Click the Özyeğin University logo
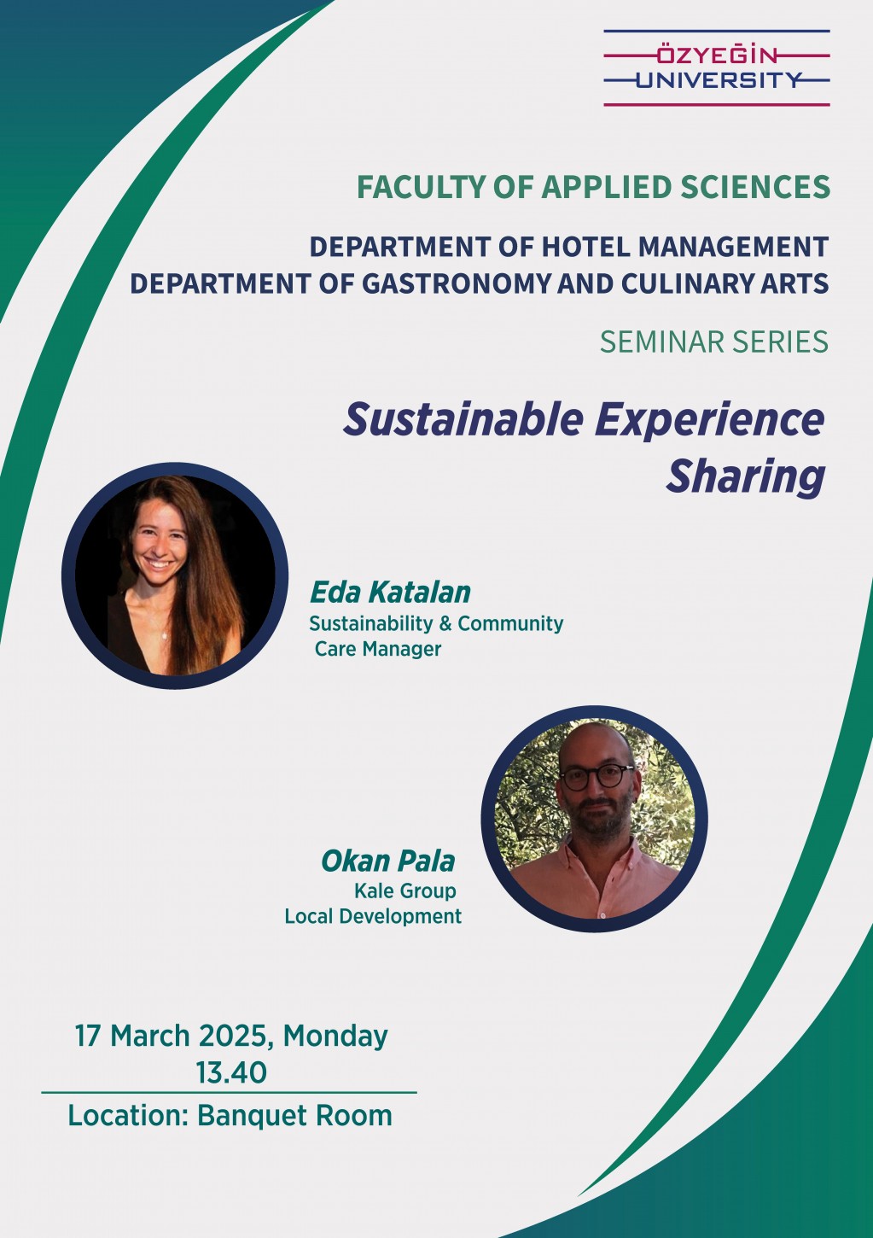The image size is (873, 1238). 717,68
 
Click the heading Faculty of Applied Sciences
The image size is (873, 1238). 593,187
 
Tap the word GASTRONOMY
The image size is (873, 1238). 457,283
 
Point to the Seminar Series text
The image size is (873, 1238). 714,342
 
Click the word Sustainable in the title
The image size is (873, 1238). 463,419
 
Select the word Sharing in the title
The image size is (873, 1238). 745,476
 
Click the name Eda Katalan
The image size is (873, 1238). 390,593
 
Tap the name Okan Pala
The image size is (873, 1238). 388,861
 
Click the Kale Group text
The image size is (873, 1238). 405,891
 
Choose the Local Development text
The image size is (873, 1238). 373,916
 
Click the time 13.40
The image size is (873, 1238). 231,1072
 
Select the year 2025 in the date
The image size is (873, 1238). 233,1035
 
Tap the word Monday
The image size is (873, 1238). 335,1037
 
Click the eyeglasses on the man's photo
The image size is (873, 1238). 597,776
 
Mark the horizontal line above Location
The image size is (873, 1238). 230,1093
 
